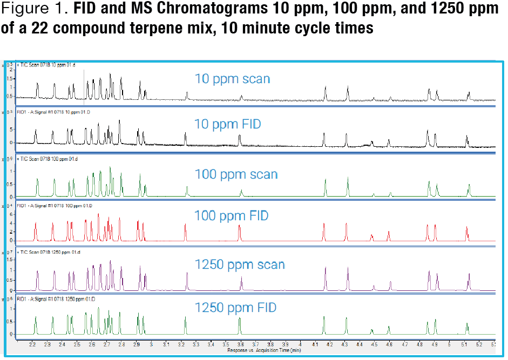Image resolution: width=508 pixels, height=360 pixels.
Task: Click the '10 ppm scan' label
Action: tap(232, 79)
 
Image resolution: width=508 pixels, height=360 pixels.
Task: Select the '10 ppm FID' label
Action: tap(227, 125)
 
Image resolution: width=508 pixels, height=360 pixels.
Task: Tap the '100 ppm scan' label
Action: tap(236, 174)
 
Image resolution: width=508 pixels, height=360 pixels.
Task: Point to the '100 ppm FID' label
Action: tap(231, 216)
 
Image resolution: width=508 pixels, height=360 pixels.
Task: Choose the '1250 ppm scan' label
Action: tap(240, 265)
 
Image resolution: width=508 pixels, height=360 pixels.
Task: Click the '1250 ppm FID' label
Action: tap(235, 308)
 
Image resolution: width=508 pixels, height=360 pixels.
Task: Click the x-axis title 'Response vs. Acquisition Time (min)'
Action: tap(256, 350)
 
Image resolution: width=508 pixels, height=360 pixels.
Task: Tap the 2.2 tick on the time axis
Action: tap(33, 344)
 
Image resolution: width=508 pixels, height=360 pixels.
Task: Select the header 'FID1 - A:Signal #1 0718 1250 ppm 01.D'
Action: tap(51, 298)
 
